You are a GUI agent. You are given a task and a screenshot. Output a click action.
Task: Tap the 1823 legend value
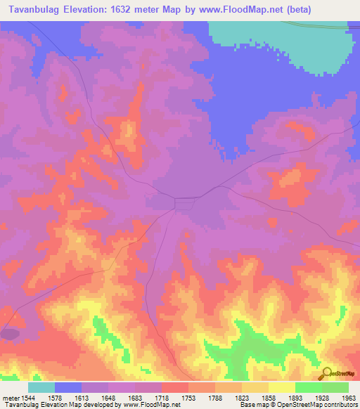pos(241,397)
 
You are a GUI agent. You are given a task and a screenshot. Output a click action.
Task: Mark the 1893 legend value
pos(295,397)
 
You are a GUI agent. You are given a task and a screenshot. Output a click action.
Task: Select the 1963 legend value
pos(348,397)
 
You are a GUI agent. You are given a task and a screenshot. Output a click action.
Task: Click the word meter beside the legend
pos(10,397)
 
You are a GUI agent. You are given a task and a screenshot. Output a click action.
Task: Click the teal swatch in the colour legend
pos(41,387)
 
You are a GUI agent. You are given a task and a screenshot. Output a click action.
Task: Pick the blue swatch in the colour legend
pos(68,387)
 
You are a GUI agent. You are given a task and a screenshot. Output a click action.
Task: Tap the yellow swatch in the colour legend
pos(281,387)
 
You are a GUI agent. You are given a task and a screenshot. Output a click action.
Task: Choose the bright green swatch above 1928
pos(308,387)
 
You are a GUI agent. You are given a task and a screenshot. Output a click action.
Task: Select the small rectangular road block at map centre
pos(185,203)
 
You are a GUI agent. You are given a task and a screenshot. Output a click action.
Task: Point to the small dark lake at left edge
pos(10,334)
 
